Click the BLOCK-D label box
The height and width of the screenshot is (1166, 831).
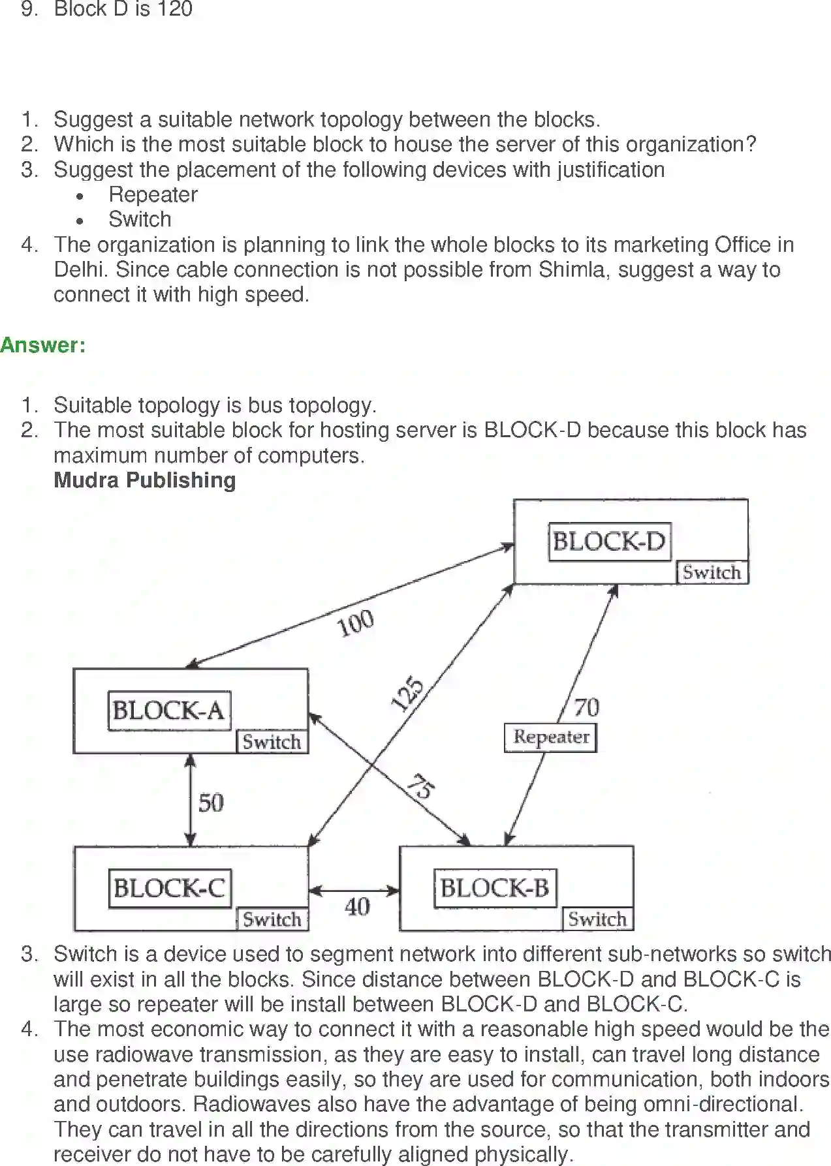point(609,541)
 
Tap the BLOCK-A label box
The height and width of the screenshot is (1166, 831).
point(168,710)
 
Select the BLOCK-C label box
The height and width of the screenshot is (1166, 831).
point(169,888)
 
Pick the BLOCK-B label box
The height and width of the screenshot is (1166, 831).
point(495,888)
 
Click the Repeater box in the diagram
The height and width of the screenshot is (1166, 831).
point(550,737)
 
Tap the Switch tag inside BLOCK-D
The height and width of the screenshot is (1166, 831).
point(712,572)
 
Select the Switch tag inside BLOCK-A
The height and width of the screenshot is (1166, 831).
point(272,742)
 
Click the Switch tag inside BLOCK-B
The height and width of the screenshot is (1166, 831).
point(597,919)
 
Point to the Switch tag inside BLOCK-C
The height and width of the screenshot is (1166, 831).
point(272,919)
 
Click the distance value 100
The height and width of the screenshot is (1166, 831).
point(355,623)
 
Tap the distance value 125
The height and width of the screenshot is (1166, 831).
point(407,694)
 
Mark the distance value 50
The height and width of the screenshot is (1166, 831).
point(211,803)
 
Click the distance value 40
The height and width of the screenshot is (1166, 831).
point(357,906)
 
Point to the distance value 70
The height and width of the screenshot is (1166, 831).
point(586,707)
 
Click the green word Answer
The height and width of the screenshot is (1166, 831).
point(42,345)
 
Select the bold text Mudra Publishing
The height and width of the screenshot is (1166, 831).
point(144,480)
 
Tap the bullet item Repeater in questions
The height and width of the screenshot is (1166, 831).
point(153,194)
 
